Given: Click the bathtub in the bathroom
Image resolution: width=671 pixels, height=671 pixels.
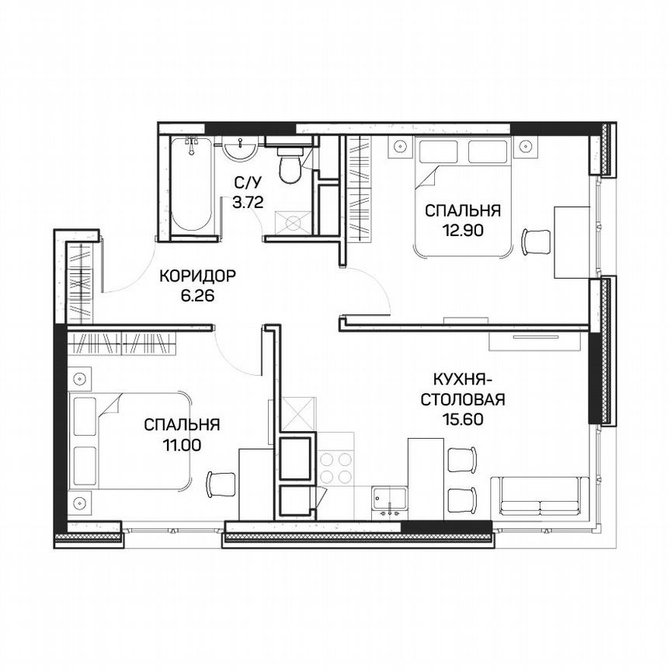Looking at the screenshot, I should [191, 186].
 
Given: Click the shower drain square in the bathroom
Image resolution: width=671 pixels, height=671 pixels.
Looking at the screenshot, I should [293, 223].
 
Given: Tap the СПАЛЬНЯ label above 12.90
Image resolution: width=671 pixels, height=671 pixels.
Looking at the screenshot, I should [461, 210].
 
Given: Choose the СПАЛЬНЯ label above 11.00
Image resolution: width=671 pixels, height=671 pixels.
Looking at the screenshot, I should [182, 425].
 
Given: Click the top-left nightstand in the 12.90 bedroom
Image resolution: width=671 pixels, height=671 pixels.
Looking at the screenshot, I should [400, 146].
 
